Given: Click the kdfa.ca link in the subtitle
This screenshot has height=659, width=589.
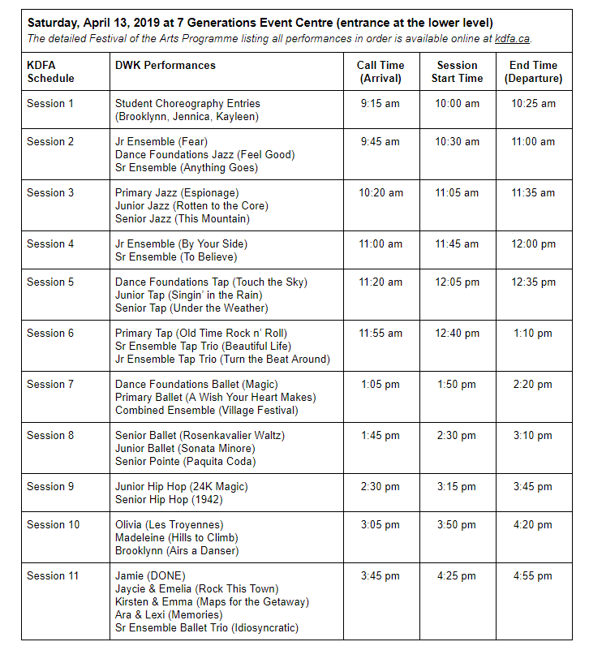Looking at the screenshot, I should pos(513,37).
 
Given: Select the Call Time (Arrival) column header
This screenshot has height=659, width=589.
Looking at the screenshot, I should pos(380,71).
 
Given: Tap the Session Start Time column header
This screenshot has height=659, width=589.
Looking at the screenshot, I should pos(457,71).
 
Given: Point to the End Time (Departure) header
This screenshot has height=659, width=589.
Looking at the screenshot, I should pos(533,71).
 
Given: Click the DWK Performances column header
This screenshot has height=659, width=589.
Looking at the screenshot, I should pos(166,65).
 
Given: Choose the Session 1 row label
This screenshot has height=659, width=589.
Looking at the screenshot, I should pos(50,103).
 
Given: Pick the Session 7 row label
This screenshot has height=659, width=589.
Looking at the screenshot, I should pos(50,384).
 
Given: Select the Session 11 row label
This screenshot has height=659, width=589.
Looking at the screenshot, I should pos(53,575).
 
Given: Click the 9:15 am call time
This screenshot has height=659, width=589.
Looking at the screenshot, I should pos(380,103).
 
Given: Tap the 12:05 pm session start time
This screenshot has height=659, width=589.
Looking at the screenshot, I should pos(457,282).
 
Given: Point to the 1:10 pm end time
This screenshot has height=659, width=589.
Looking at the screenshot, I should pos(533,333).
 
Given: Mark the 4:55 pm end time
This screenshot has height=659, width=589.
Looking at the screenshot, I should pos(534,575).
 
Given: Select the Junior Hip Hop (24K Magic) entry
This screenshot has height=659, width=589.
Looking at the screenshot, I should pos(182,486).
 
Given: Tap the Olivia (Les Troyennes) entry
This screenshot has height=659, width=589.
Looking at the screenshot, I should pos(170,524).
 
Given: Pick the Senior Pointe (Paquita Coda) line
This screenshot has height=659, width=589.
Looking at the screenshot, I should pos(185,461).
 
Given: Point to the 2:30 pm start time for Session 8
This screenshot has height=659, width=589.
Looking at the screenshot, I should pos(457,435).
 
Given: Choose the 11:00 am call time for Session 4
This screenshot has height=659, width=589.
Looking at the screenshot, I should pos(380,243).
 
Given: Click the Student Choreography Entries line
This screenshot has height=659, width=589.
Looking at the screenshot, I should pos(187,103).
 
